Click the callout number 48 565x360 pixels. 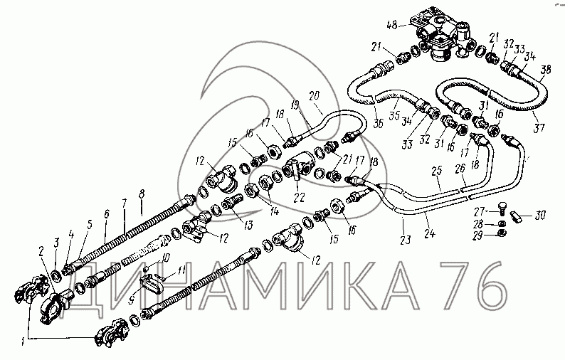tap(391, 25)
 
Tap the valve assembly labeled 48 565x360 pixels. tap(443, 36)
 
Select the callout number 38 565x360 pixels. tap(546, 69)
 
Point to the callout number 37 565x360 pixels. tap(539, 128)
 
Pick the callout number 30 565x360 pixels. tap(540, 216)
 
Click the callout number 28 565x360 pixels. tap(477, 225)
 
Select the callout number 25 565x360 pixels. tap(437, 171)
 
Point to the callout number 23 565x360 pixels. tap(406, 240)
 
